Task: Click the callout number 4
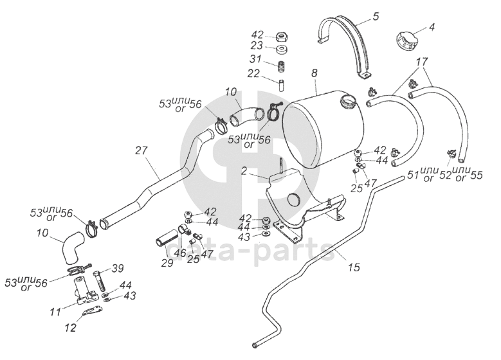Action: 432,27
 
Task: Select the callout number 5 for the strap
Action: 376,16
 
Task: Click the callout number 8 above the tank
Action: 314,73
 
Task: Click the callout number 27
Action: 141,150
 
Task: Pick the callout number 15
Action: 354,267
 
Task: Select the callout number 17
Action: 422,61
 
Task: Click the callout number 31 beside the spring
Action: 255,59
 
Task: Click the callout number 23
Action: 257,46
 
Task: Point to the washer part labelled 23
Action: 282,50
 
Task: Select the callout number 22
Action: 254,73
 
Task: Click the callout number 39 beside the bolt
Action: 118,268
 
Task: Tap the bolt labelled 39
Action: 99,280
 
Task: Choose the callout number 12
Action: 71,327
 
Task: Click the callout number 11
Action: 55,311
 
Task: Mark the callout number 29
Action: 167,262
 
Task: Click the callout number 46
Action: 181,253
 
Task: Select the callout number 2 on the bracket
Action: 244,171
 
